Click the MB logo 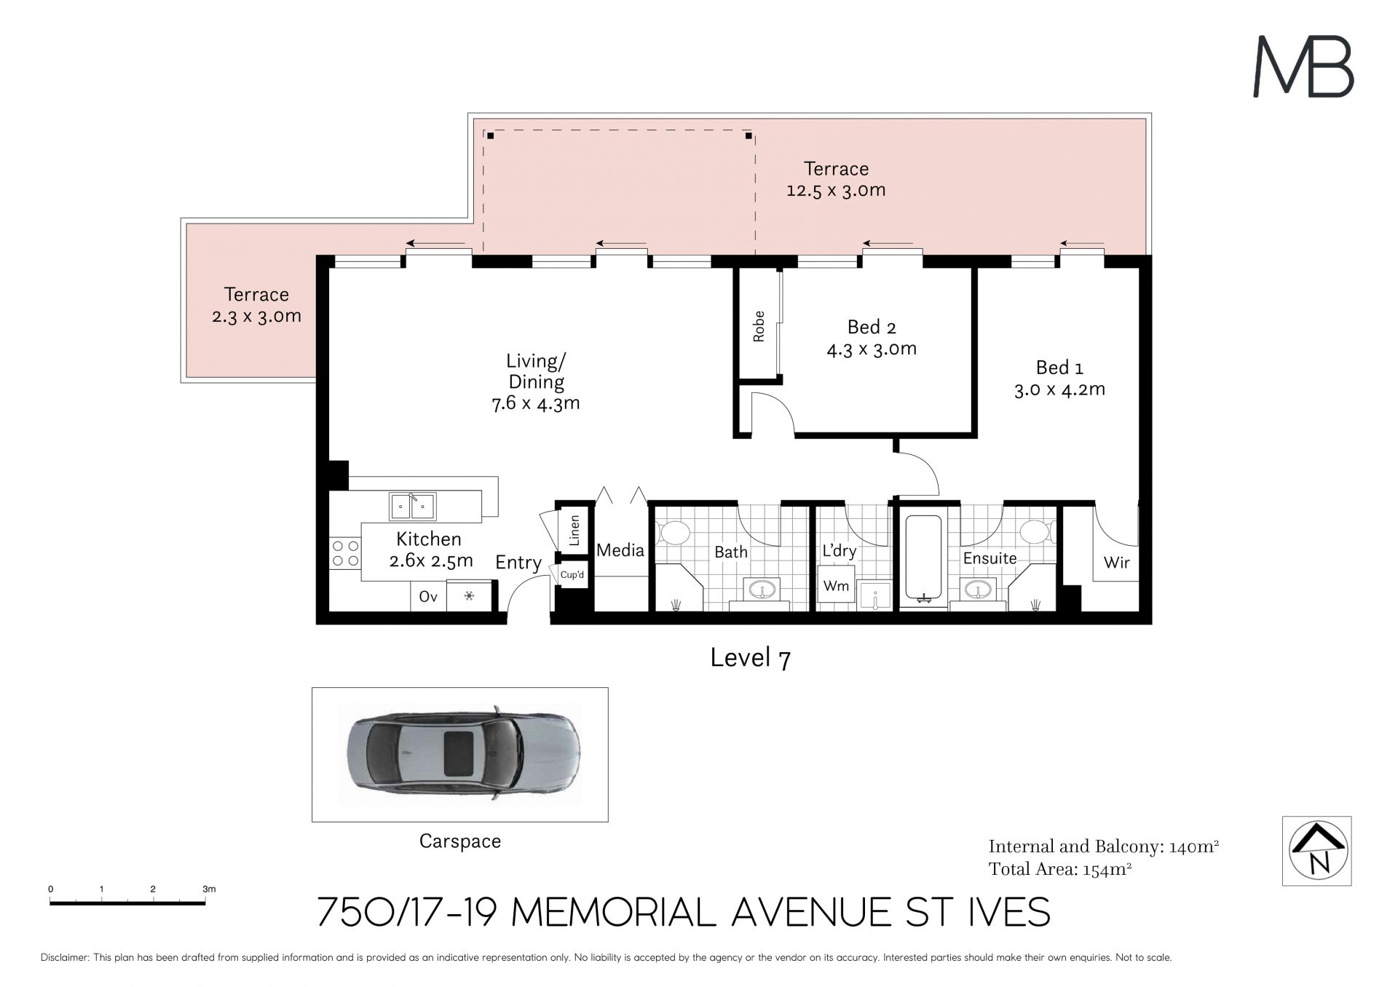pyautogui.click(x=1303, y=67)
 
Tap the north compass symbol pyautogui.click(x=1316, y=850)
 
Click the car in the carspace pyautogui.click(x=464, y=753)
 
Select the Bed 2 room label pyautogui.click(x=872, y=338)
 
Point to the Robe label pyautogui.click(x=759, y=326)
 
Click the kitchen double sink pyautogui.click(x=412, y=506)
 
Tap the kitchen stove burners pyautogui.click(x=345, y=553)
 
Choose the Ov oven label pyautogui.click(x=428, y=597)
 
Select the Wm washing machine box pyautogui.click(x=836, y=586)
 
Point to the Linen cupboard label pyautogui.click(x=574, y=531)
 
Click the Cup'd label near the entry pyautogui.click(x=572, y=575)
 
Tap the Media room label pyautogui.click(x=620, y=550)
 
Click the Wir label pyautogui.click(x=1117, y=563)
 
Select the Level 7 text pyautogui.click(x=751, y=658)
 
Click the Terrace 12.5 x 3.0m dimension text pyautogui.click(x=836, y=191)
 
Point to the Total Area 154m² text pyautogui.click(x=1060, y=869)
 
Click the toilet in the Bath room pyautogui.click(x=673, y=533)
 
